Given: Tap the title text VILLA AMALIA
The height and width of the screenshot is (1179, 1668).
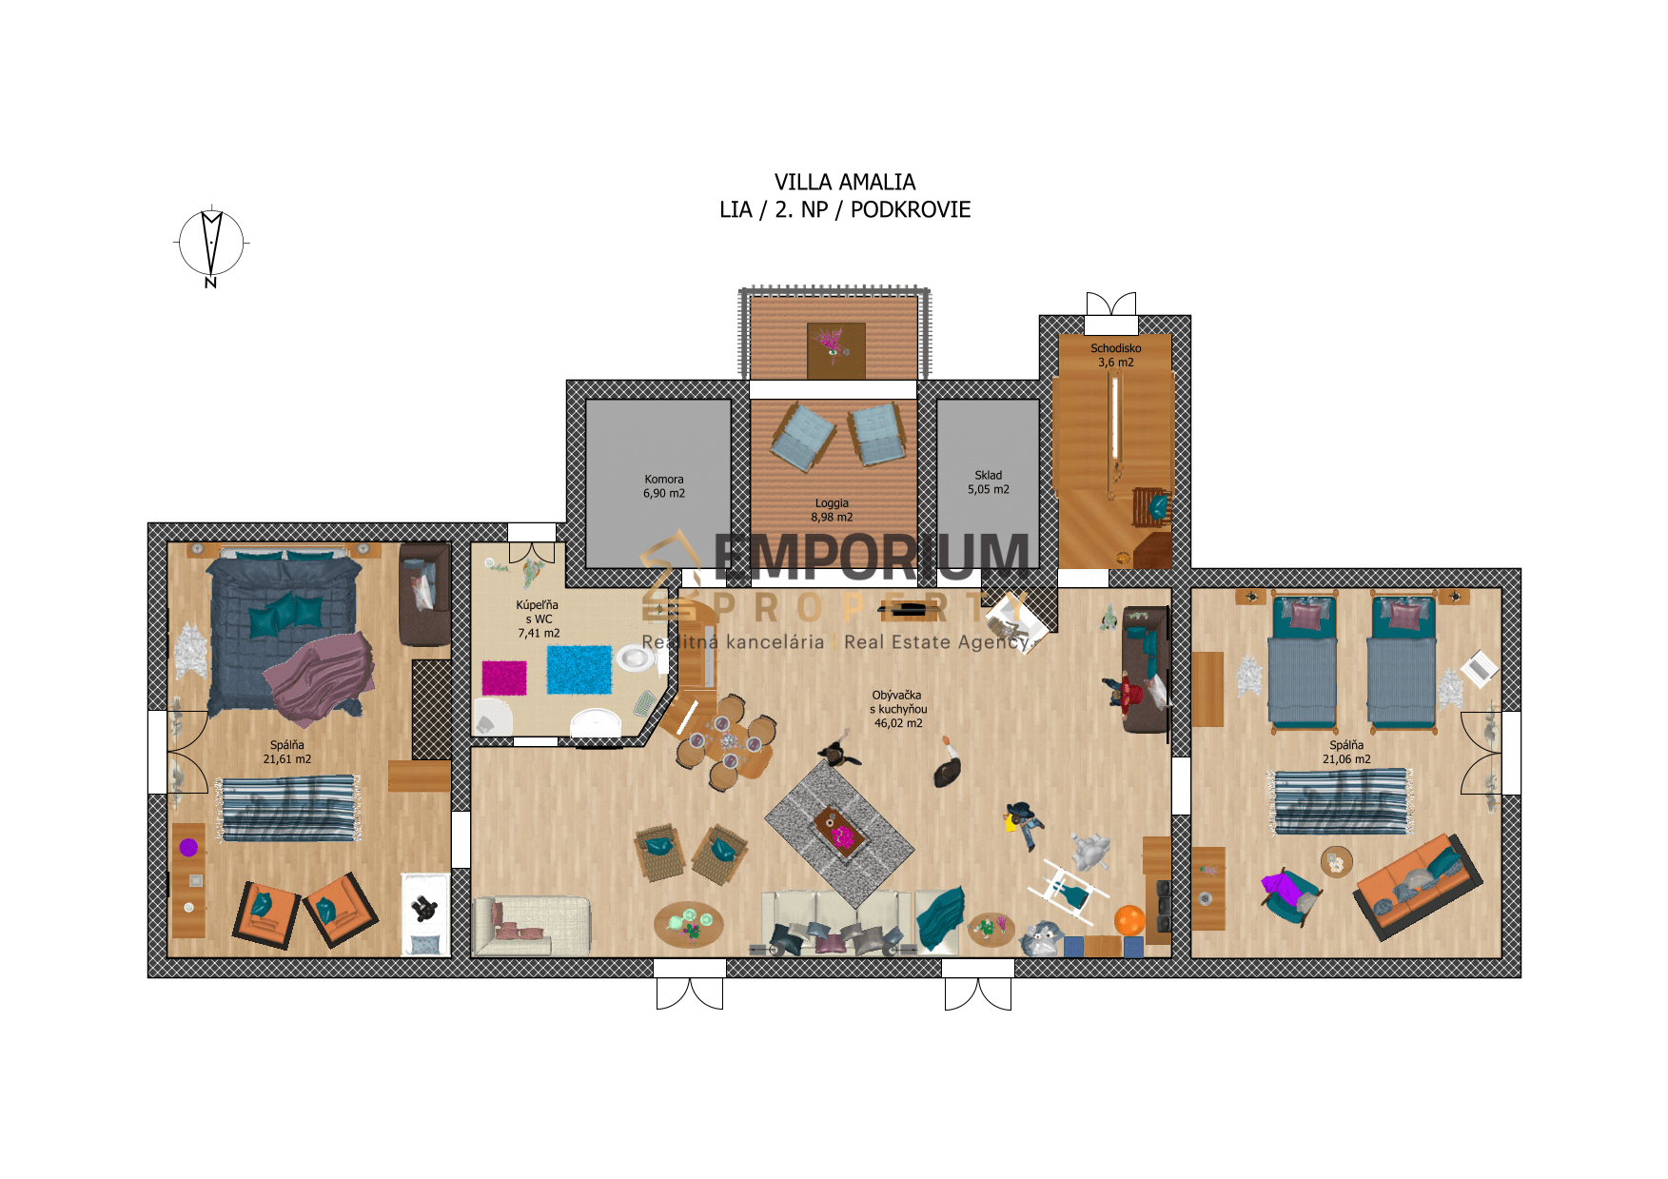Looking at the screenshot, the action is (845, 182).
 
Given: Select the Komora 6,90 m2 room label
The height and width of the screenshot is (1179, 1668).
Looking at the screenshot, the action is (664, 486).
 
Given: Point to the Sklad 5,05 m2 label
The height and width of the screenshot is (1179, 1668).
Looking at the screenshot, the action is (989, 481).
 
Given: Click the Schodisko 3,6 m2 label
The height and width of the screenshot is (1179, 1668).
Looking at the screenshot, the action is (1116, 355).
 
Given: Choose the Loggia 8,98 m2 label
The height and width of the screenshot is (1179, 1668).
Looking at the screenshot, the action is (832, 510).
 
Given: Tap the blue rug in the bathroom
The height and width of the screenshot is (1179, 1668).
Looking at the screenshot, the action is (579, 669).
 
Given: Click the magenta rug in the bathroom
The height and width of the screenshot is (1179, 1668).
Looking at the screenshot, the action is (504, 678).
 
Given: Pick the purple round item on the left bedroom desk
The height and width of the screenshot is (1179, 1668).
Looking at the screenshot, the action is (188, 847).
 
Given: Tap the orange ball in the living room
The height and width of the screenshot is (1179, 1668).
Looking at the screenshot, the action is (1128, 920).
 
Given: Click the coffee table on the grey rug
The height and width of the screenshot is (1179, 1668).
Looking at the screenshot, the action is (839, 832).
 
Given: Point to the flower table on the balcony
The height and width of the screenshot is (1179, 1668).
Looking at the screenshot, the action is (836, 350).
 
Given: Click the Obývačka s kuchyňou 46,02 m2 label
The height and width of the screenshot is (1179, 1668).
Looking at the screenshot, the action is (898, 709).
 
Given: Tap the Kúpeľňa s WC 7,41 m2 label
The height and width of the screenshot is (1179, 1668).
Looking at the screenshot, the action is (538, 619).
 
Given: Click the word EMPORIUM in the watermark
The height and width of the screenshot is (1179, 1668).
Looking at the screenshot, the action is (871, 557).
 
